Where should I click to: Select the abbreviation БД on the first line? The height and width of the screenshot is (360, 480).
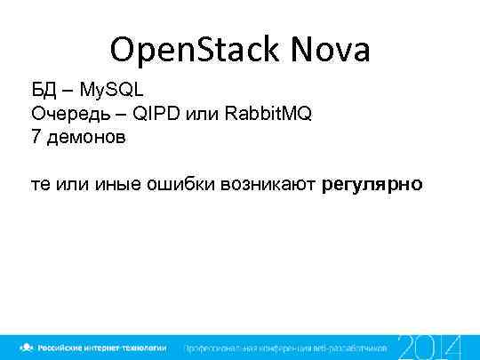pyautogui.click(x=44, y=92)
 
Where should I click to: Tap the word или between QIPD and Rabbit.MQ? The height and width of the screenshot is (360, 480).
pyautogui.click(x=205, y=115)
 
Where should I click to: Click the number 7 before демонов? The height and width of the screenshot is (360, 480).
pyautogui.click(x=36, y=138)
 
